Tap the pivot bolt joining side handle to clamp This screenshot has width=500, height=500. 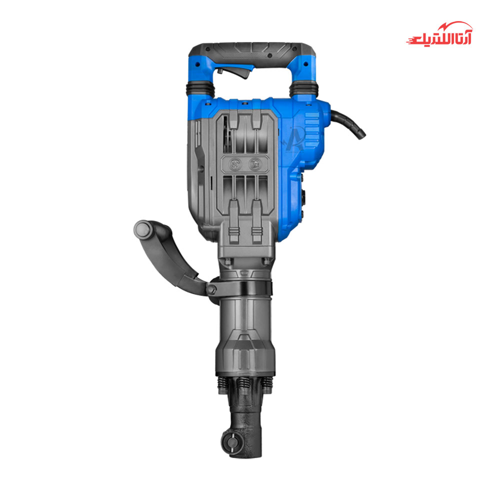[x=211, y=289]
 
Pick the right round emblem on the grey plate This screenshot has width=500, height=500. [x=255, y=164]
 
